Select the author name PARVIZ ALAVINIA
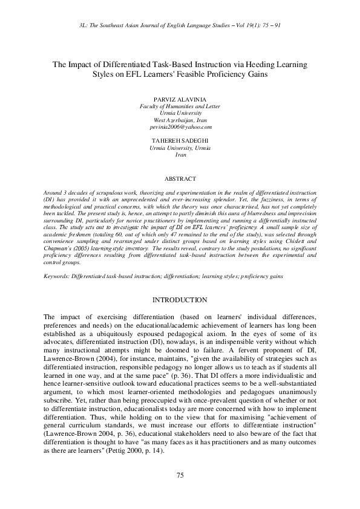click(180, 99)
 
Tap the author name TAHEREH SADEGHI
click(180, 141)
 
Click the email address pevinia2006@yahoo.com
click(180, 127)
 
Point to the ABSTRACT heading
click(180, 179)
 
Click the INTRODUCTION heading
click(180, 300)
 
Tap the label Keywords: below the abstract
click(57, 276)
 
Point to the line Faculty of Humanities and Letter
click(180, 106)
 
